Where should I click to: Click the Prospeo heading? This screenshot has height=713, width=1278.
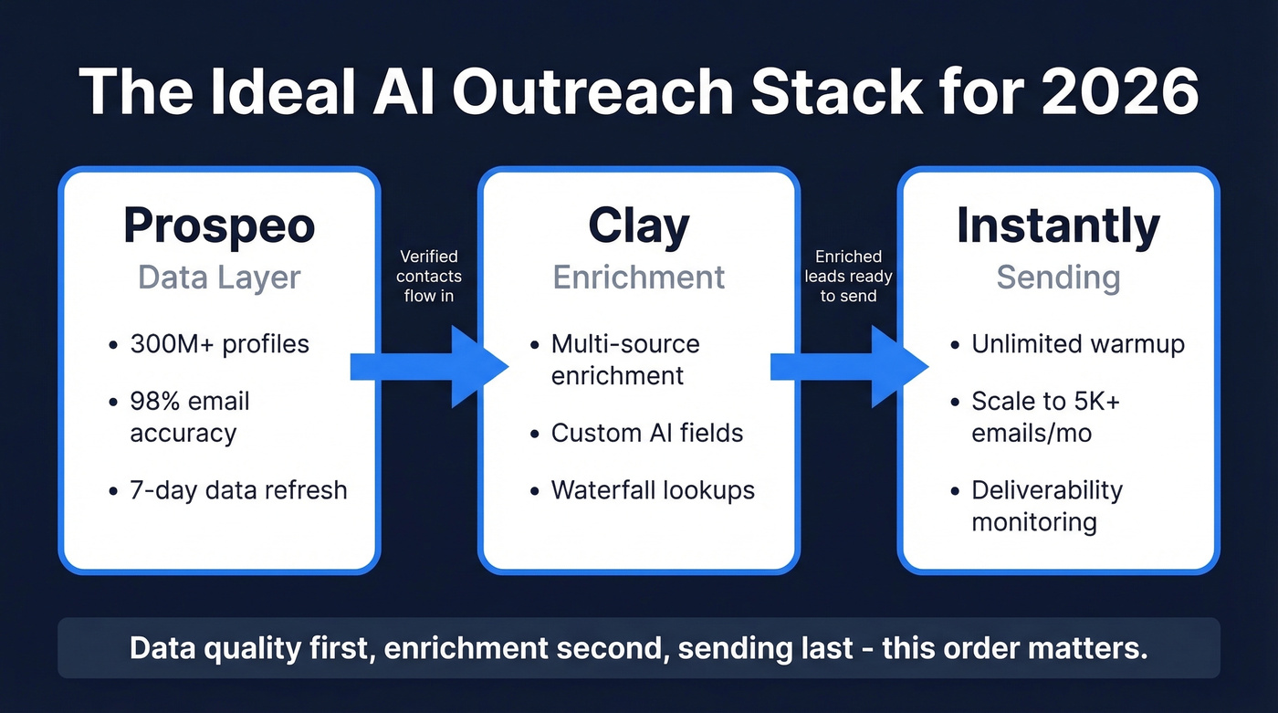tap(219, 225)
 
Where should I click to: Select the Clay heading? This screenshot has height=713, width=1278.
tap(638, 225)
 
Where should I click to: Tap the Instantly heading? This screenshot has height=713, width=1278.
tap(1058, 225)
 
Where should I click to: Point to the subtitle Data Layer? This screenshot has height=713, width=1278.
tap(219, 278)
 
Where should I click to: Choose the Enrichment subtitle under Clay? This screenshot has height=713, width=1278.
tap(639, 278)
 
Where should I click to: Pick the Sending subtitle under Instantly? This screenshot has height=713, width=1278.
tap(1058, 278)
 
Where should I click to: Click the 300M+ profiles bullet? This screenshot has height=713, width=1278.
tap(219, 344)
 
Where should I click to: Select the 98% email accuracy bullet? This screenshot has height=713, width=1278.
tap(189, 416)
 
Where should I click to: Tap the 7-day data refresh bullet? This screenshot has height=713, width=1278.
tap(238, 489)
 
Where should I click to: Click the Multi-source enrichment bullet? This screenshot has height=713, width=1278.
tap(625, 359)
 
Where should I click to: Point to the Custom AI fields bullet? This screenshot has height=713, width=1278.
tap(646, 432)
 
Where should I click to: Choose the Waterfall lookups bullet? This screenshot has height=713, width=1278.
tap(653, 489)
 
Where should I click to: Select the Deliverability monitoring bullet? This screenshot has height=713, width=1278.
tap(1046, 506)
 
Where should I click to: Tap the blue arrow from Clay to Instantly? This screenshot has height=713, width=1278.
tap(848, 367)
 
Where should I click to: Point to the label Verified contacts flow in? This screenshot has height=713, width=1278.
tap(429, 276)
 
